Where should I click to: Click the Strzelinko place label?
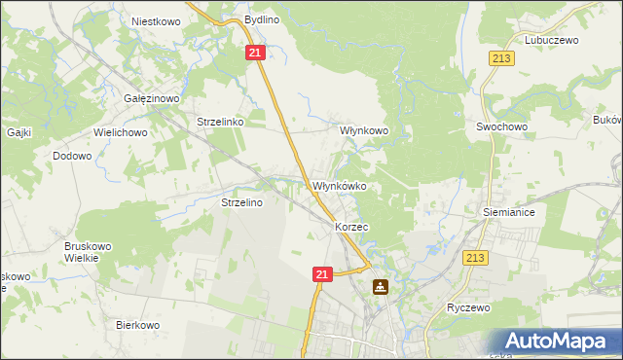point(226,122)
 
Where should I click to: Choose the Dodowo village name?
point(72,155)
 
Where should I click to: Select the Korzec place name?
point(350,226)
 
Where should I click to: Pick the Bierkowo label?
point(137,325)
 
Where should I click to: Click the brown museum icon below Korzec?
point(380,287)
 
